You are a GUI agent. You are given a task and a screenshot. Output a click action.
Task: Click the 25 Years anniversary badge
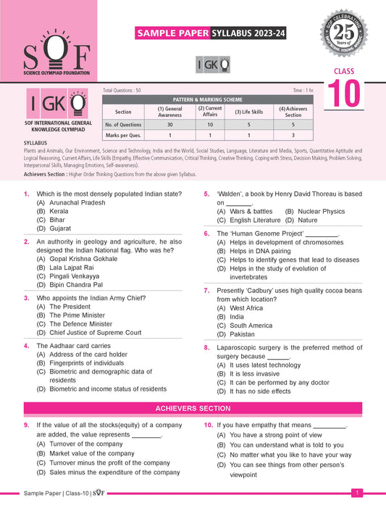tap(353, 34)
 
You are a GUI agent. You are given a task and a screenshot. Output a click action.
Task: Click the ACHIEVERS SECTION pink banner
tap(193, 409)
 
